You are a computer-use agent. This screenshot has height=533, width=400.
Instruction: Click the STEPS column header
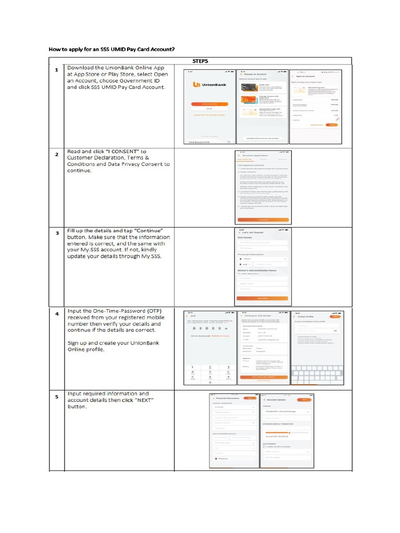click(200, 61)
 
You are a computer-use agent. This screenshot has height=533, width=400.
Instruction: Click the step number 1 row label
click(57, 70)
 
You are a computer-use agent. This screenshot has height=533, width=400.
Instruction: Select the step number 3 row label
click(57, 233)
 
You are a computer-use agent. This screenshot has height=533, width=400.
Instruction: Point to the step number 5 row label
click(57, 396)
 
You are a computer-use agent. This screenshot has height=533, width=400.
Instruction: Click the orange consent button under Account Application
click(263, 220)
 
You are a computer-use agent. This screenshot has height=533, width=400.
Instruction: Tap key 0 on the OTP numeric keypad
click(209, 382)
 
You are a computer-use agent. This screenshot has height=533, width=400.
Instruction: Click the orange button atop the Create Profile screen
click(335, 316)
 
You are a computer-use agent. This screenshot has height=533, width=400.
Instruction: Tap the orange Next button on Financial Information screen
click(250, 398)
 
